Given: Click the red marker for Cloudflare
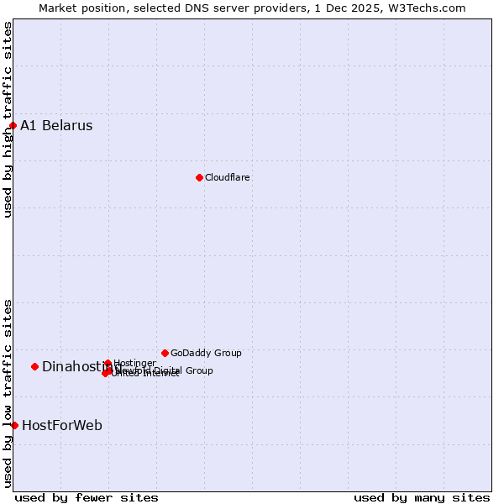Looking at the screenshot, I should (199, 177).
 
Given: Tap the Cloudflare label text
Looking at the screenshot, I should (228, 178).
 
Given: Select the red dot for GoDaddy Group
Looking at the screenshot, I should (165, 353).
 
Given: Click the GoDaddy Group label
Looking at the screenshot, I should (206, 354).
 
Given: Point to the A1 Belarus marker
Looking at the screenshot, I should (13, 126).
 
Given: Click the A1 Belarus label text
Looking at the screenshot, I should (56, 126).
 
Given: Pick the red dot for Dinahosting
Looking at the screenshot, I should (34, 366).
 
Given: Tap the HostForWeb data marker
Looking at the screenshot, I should (14, 425).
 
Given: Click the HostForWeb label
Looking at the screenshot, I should (62, 426).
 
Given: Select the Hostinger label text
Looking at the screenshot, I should (134, 363).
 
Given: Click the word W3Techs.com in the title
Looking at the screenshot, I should (431, 8).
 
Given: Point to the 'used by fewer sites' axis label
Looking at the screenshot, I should (87, 497).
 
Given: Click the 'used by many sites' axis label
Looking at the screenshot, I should (422, 497).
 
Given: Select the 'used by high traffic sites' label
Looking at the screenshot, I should (8, 119).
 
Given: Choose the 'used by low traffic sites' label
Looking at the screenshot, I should (8, 393).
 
